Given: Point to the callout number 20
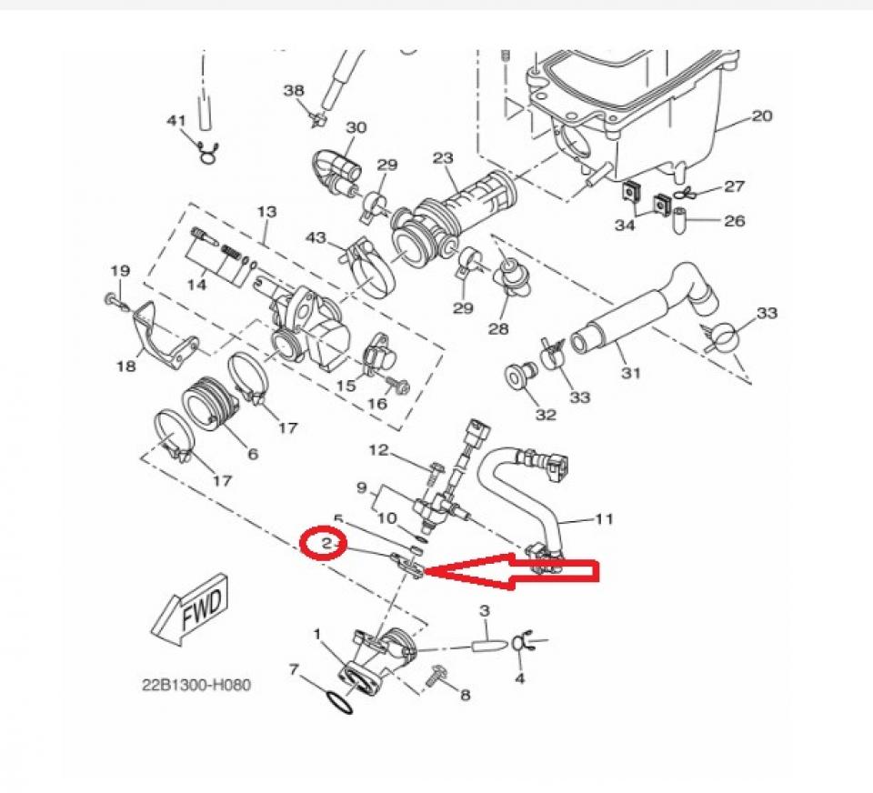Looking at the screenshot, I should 761,115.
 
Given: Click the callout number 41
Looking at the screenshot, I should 176,121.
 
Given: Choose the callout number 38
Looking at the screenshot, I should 294,90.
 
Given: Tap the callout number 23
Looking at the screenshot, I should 443,158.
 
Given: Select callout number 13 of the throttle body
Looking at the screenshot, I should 266,211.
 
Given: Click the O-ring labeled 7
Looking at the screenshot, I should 337,703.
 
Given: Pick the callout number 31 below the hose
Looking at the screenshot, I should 631,373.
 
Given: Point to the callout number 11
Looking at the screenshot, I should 604,519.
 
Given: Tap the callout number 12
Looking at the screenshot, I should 378,449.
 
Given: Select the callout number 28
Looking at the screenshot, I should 497,329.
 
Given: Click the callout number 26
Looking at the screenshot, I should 734,220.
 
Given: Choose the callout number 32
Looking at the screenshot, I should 545,415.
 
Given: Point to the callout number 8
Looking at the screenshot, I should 465,696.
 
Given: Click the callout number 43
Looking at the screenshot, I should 315,237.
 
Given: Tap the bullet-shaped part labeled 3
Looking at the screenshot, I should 487,644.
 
